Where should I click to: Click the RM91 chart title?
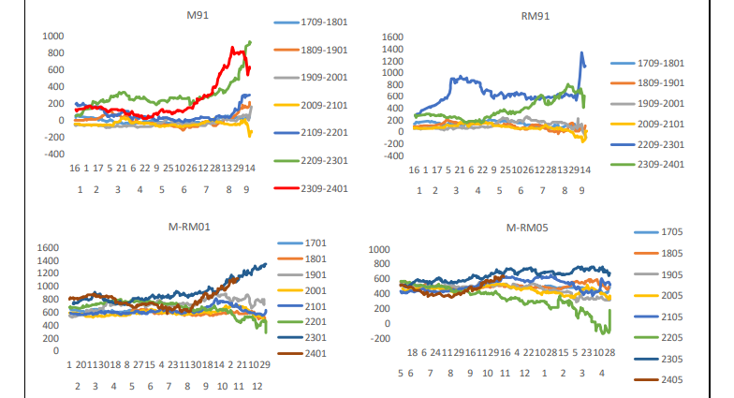[x=536, y=16]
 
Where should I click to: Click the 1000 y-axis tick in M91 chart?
[x=53, y=36]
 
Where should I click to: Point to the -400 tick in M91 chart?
[x=53, y=154]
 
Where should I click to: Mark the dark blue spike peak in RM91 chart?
[x=581, y=53]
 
